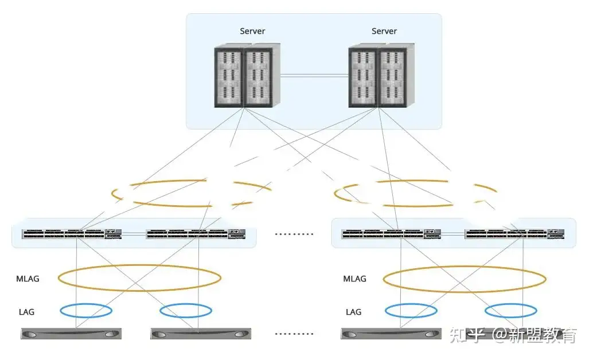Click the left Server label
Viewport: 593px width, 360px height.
point(252,31)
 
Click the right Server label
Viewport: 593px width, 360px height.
point(384,31)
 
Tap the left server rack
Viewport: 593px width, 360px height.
point(247,76)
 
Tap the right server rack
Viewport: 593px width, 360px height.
point(381,76)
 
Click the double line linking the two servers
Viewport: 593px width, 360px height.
point(314,75)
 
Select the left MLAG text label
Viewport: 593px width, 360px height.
point(28,279)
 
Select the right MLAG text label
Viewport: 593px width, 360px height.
point(354,279)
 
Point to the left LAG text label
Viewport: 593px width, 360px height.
point(26,312)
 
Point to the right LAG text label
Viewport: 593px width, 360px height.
point(354,312)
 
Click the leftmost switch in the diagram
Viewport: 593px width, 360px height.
point(72,234)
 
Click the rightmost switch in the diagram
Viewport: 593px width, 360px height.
point(514,234)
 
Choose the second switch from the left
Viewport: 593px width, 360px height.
point(196,234)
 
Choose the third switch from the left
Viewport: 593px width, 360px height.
point(391,234)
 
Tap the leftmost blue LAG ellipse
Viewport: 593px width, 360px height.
point(86,311)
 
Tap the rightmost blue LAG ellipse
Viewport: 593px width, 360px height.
point(511,311)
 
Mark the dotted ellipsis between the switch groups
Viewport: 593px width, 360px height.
point(294,234)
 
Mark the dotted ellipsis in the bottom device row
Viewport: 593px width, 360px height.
point(294,334)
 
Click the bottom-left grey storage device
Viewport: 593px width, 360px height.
point(72,334)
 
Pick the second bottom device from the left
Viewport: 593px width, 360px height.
point(200,334)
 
